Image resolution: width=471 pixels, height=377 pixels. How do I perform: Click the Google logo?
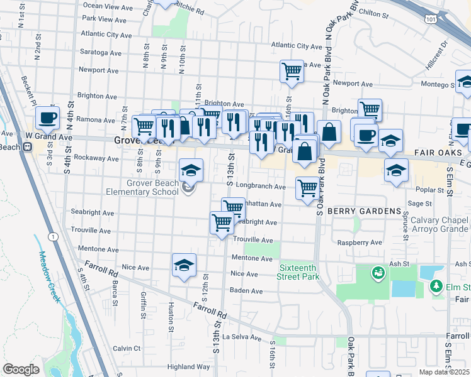(x=21, y=369)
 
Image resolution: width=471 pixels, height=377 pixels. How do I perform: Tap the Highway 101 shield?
(x=430, y=20)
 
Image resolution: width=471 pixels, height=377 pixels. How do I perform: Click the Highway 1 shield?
(x=54, y=236)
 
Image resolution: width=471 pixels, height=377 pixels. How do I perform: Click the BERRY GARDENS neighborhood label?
(x=365, y=211)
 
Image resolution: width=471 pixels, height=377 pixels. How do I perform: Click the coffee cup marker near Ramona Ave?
(x=47, y=117)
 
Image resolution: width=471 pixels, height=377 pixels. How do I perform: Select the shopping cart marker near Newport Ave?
(x=292, y=71)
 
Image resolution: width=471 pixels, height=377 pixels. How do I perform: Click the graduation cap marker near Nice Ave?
(x=184, y=265)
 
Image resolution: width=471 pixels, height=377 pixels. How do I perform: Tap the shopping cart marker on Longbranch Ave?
(x=307, y=188)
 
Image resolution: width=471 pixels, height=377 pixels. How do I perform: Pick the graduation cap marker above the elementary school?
(x=191, y=169)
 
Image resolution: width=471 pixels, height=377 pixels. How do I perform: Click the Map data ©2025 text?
(x=445, y=372)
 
